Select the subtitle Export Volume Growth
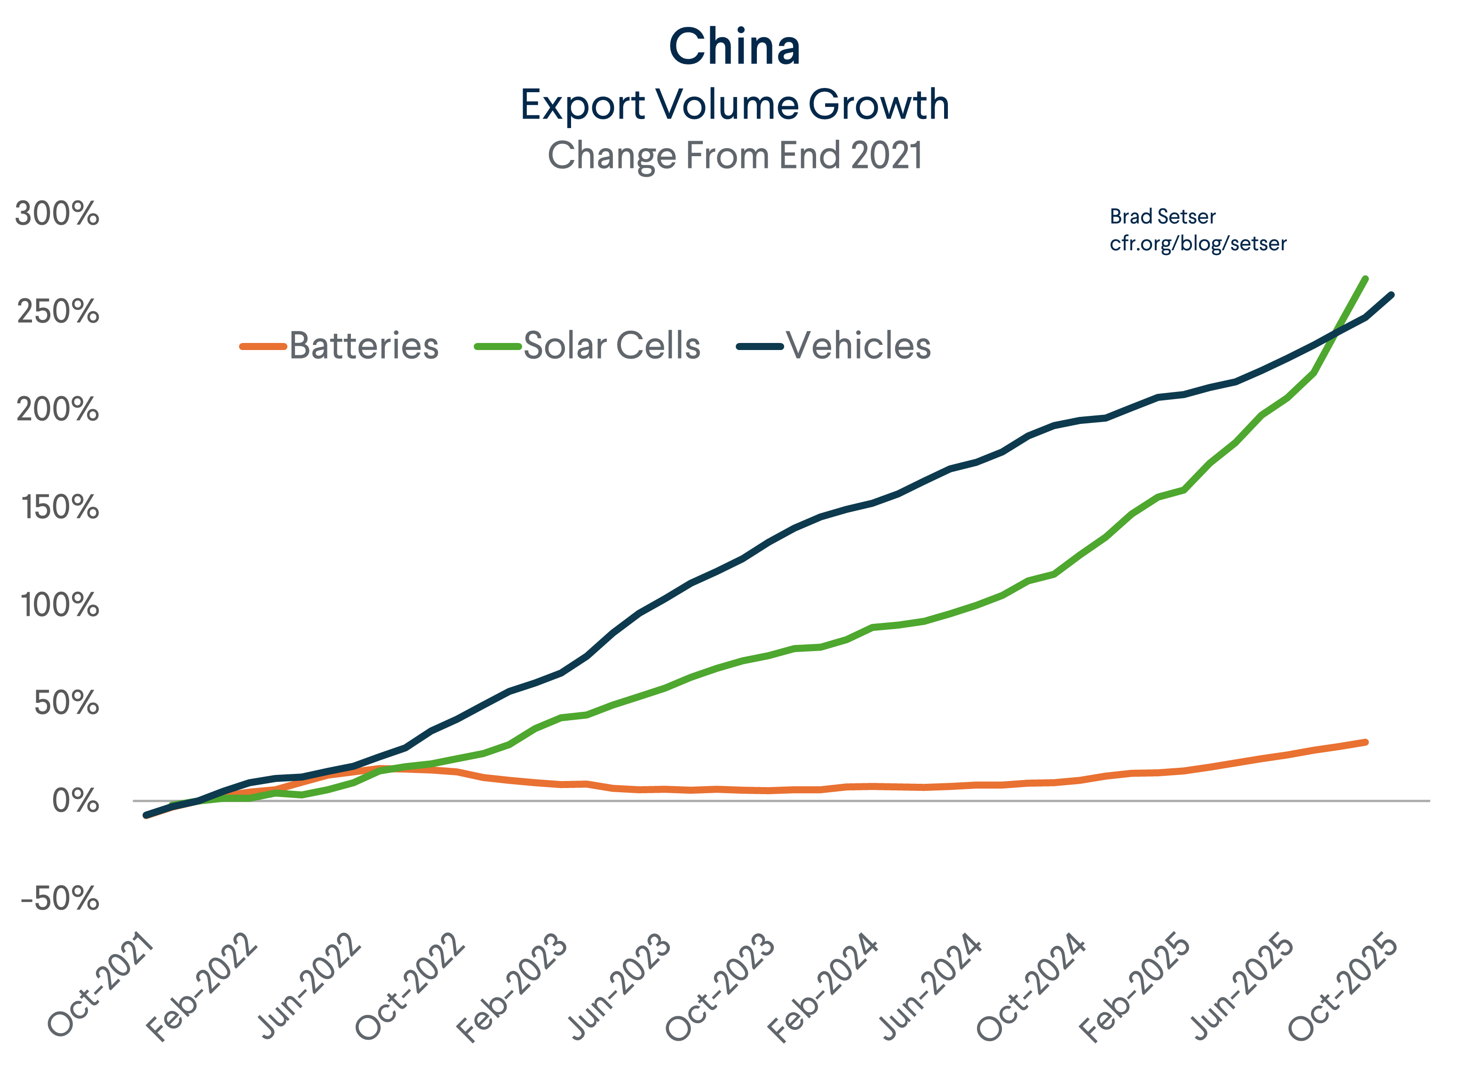[734, 104]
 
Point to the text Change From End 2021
[734, 156]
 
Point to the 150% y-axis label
[60, 507]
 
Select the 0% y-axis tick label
[75, 801]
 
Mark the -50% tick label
[60, 899]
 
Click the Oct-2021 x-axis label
[101, 984]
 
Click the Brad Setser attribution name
[1162, 216]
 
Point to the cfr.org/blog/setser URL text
[1198, 244]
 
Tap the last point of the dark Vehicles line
[1391, 295]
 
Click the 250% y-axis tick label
[58, 312]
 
